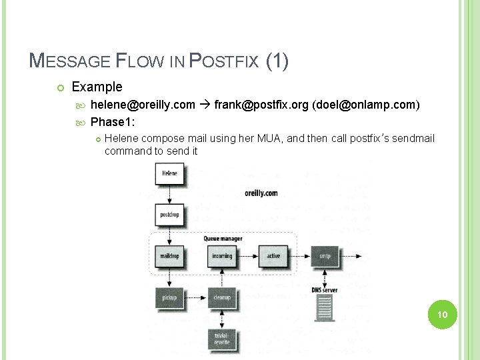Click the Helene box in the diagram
(x=169, y=173)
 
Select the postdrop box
(x=169, y=215)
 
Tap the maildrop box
(x=169, y=255)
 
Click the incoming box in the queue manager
(x=222, y=255)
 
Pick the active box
(x=273, y=255)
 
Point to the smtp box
(x=325, y=255)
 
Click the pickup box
(x=169, y=297)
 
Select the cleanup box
(x=222, y=297)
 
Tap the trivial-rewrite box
(x=222, y=338)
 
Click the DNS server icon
(x=325, y=308)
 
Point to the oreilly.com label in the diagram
(x=261, y=193)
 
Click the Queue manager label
(x=223, y=239)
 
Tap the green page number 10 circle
(x=440, y=314)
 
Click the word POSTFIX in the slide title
(x=225, y=62)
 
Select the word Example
(x=97, y=87)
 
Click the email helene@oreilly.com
(x=143, y=105)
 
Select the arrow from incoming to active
(x=248, y=255)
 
